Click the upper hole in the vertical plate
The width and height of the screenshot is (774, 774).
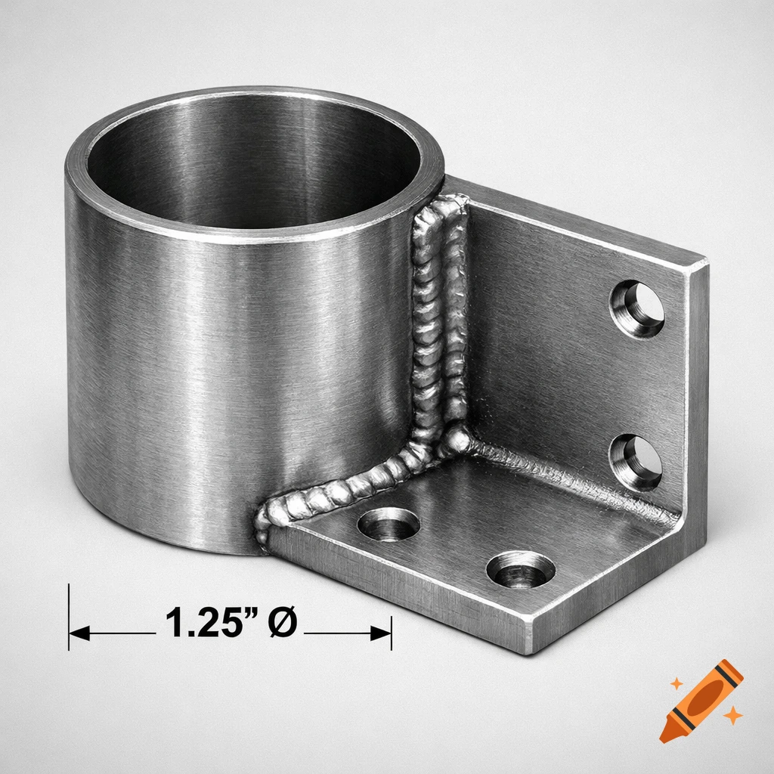[637, 309]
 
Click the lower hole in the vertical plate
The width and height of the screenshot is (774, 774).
[636, 462]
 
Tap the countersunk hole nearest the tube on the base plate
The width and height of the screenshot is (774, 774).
[389, 524]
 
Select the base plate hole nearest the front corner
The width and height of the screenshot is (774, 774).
[520, 569]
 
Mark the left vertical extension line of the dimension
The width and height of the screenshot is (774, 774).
[69, 616]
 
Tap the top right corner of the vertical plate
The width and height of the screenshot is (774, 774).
[707, 262]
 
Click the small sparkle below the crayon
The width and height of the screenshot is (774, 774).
[732, 715]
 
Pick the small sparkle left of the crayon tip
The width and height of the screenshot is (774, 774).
[676, 683]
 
